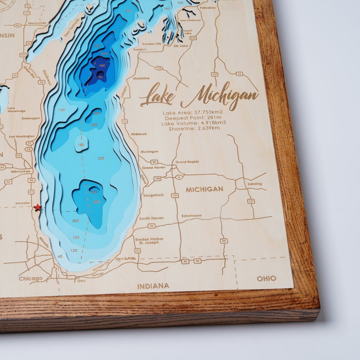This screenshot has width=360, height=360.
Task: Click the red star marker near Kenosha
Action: [x=37, y=207]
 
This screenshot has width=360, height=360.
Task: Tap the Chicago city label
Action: [x=31, y=278]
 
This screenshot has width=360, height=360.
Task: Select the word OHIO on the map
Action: [x=266, y=278]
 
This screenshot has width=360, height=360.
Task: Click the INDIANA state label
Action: [x=153, y=286]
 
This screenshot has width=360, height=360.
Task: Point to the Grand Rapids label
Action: [x=187, y=162]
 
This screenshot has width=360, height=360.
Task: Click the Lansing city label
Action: [x=254, y=184]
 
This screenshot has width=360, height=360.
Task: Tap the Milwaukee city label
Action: [x=21, y=171]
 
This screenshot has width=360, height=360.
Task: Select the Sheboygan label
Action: [x=31, y=118]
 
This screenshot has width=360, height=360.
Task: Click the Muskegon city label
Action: [x=149, y=151]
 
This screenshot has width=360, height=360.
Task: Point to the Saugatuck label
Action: [x=153, y=195]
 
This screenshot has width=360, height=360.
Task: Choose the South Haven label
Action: [x=151, y=218]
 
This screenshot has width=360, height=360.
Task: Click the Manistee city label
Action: [x=141, y=78]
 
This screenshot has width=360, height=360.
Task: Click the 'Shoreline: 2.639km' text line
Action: [x=194, y=128]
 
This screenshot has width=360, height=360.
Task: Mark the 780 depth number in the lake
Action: [x=102, y=66]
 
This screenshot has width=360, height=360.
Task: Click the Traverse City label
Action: [x=151, y=44]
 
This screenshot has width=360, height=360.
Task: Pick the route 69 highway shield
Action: [x=224, y=241]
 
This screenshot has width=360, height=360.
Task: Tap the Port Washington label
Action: [x=22, y=136]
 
